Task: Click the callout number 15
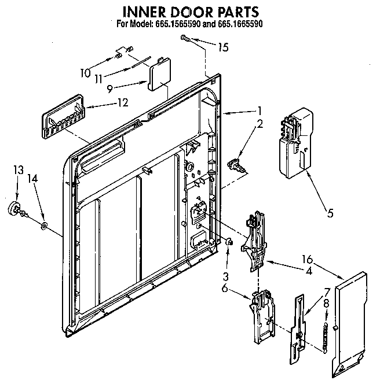[222, 48]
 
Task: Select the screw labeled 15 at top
[185, 38]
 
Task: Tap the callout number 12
[122, 104]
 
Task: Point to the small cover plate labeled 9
[157, 78]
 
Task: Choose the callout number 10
[85, 73]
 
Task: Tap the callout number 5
[330, 212]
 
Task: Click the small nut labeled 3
[229, 242]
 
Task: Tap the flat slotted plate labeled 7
[298, 327]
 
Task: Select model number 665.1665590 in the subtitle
[229, 24]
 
